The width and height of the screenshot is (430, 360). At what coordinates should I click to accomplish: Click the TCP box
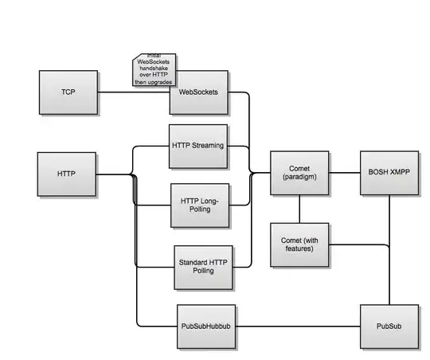[x=68, y=92]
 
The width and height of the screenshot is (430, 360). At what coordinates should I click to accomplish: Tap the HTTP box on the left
[x=67, y=174]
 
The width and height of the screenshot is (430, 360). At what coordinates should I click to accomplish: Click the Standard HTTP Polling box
[x=205, y=268]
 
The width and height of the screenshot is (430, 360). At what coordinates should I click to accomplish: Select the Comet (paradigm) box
[x=299, y=173]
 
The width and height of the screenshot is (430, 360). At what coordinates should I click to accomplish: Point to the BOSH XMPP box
[x=389, y=173]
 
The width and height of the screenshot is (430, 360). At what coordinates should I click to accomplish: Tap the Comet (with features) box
[x=299, y=244]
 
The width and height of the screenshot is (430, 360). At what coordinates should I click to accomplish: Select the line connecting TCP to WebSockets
[x=134, y=92]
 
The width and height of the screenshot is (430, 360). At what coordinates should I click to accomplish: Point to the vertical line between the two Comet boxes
[x=299, y=209]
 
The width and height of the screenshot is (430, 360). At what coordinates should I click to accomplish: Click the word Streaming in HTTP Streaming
[x=209, y=147]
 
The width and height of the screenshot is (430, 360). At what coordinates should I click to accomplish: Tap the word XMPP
[x=400, y=173]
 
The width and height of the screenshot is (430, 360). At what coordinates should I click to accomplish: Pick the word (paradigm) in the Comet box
[x=299, y=178]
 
